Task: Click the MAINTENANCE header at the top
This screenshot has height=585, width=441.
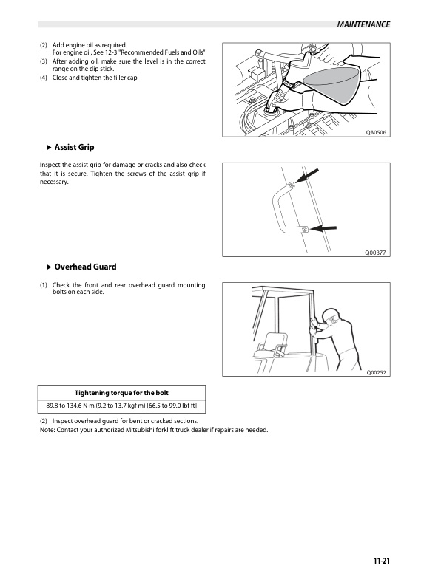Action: (363, 24)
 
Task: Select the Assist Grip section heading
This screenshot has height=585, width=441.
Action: (74, 147)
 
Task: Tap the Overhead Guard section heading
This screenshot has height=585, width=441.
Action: (85, 267)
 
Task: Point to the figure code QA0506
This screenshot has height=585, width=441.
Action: (377, 133)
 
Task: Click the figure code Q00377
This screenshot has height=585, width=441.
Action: (377, 253)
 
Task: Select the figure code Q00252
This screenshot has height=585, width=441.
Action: (377, 373)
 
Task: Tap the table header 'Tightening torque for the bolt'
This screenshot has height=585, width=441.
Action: (122, 391)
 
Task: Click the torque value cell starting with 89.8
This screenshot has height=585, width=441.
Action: (122, 406)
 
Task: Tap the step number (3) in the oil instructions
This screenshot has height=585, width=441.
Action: (44, 61)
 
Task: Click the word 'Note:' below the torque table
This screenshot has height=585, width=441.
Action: (47, 430)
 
